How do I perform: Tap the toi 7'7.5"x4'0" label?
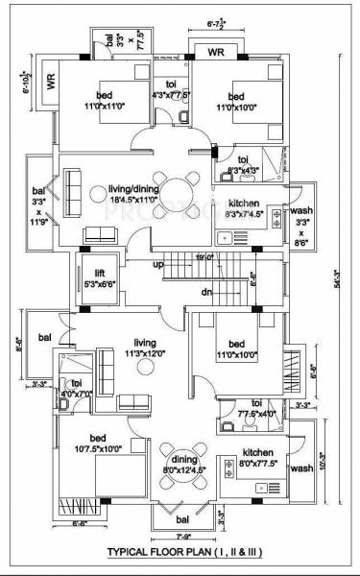point(256,408)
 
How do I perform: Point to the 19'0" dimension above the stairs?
point(204,257)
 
